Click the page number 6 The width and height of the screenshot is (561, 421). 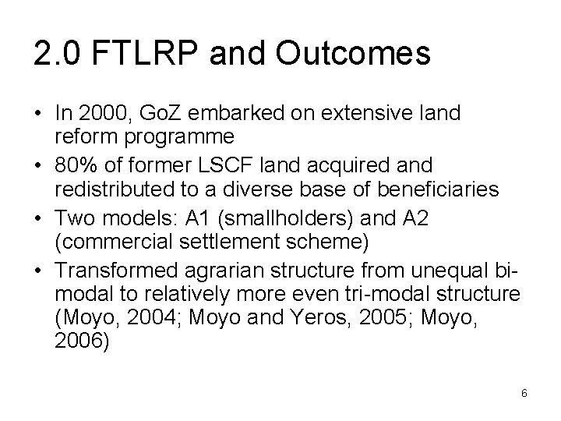524,393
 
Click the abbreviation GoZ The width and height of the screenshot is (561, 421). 157,114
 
